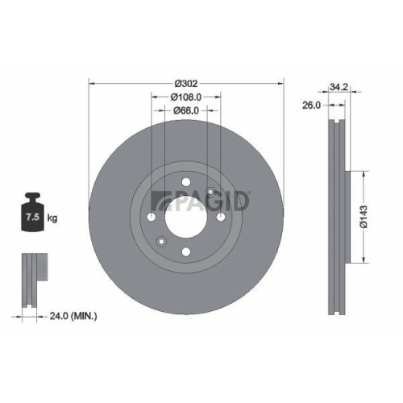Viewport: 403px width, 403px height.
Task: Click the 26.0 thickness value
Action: coord(311,105)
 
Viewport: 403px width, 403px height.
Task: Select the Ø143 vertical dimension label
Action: coord(365,216)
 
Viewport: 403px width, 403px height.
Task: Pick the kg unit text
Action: coord(52,218)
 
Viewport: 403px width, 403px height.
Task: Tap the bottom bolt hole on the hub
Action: coord(186,252)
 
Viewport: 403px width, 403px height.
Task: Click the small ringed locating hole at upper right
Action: coord(210,192)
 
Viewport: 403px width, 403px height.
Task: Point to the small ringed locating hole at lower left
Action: coord(161,242)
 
